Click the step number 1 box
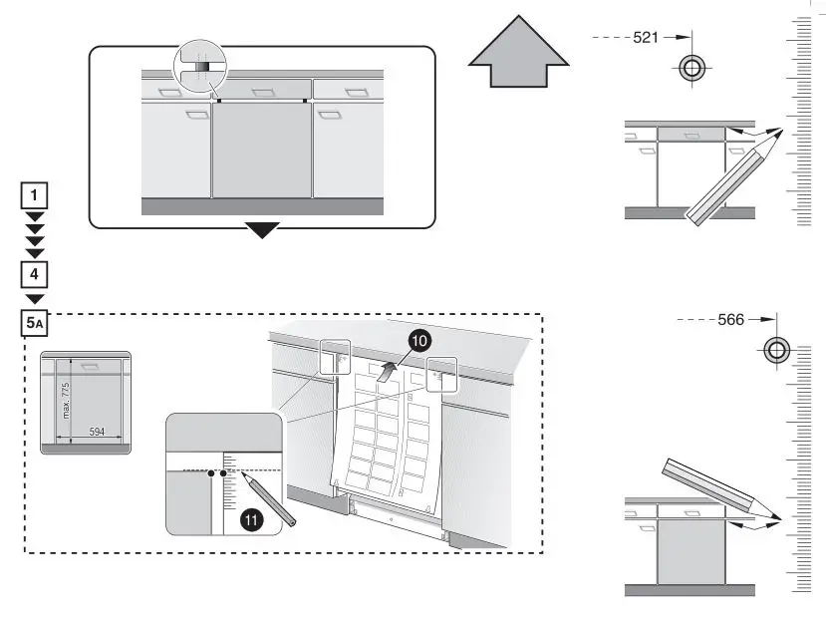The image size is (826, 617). (35, 195)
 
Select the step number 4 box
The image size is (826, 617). (35, 272)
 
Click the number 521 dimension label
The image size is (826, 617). (646, 37)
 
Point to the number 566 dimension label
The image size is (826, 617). (730, 320)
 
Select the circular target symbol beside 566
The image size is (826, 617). (776, 350)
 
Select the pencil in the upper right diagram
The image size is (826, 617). (732, 179)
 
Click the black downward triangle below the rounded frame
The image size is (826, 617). (262, 230)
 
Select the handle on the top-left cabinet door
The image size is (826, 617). (197, 114)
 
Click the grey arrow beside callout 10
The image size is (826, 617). (390, 370)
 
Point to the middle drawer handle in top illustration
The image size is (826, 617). (262, 92)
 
